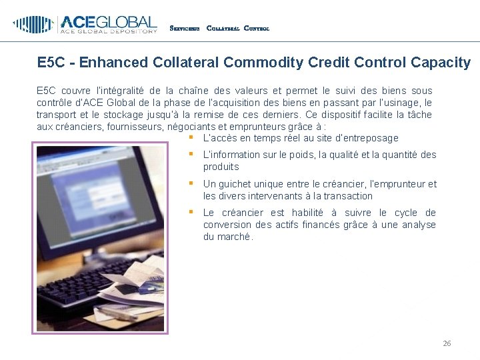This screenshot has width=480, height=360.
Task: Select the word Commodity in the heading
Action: pyautogui.click(x=257, y=63)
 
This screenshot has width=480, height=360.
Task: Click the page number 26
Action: pyautogui.click(x=447, y=343)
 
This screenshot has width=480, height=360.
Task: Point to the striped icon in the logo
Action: pyautogui.click(x=33, y=25)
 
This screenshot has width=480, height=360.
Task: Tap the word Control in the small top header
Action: pyautogui.click(x=257, y=29)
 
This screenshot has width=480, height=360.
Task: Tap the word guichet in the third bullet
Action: pyautogui.click(x=239, y=184)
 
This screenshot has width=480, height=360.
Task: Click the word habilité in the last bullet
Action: pyautogui.click(x=313, y=213)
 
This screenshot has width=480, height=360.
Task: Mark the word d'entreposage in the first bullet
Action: pyautogui.click(x=366, y=138)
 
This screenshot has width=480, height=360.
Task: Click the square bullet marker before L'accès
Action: pyautogui.click(x=191, y=137)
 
